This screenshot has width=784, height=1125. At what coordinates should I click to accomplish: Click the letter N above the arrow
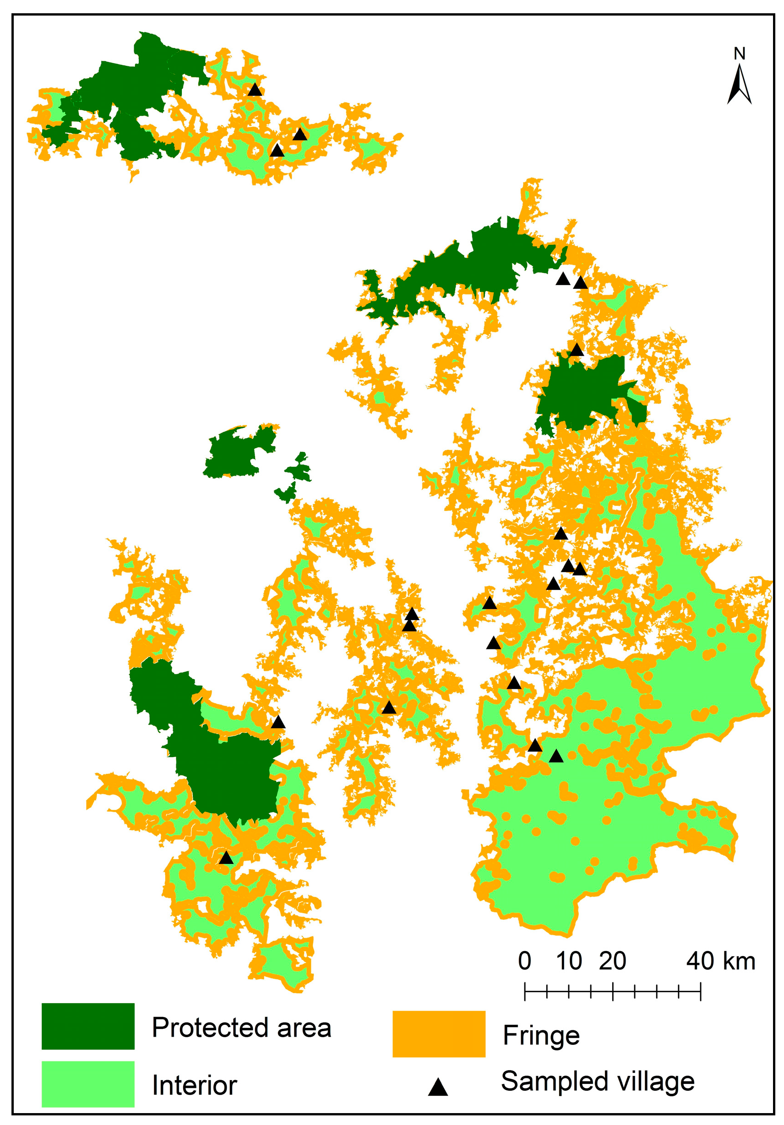740,54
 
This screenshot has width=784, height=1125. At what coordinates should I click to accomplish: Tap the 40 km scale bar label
720,961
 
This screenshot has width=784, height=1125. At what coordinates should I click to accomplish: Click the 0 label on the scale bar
524,961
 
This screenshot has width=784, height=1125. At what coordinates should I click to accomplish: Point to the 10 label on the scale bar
569,961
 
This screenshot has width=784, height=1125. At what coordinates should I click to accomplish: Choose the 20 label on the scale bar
612,961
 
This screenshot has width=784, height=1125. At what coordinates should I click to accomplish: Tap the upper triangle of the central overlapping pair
412,614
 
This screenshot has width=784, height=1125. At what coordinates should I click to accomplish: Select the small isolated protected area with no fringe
239,452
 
